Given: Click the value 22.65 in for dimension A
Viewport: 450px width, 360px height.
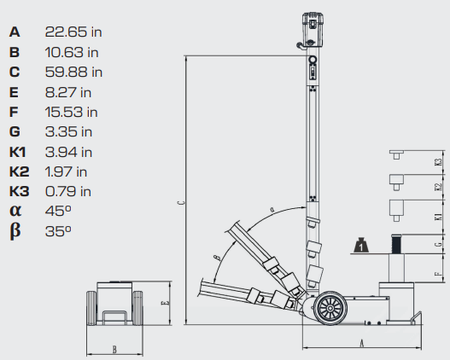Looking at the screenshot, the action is tap(73, 32).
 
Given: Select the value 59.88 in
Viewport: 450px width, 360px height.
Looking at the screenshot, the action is tap(73, 72).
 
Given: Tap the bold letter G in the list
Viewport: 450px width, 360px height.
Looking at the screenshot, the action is tap(15, 131).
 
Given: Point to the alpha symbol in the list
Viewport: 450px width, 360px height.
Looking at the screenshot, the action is tap(15, 211).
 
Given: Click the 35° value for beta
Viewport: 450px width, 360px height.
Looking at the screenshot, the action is tap(58, 230).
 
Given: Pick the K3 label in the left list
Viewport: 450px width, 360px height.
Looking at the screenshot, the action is tap(20, 191).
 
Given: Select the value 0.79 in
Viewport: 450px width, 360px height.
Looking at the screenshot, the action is tap(68, 191).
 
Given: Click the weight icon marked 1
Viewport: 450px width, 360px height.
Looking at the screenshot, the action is tap(361, 246).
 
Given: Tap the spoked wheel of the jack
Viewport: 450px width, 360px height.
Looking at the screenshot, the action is tap(330, 308).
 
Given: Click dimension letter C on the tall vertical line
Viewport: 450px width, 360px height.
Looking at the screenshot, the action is tap(181, 203).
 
